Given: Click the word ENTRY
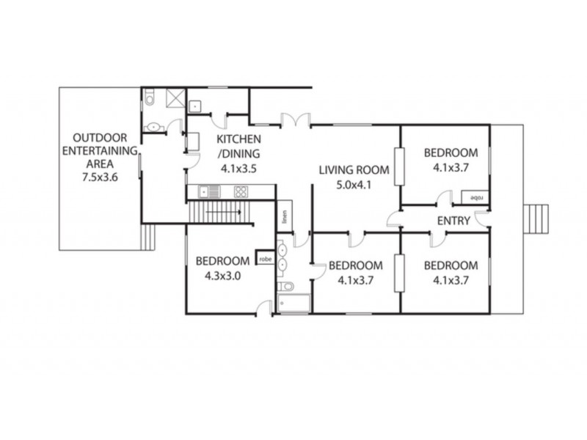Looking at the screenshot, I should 453,220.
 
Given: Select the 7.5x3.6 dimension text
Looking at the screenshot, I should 101,177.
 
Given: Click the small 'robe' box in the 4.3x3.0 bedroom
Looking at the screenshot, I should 264,258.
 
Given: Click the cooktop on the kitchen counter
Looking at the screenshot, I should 241,191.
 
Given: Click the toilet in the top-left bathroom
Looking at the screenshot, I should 150,98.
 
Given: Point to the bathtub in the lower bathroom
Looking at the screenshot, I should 294,304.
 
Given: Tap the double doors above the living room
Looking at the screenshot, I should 296,119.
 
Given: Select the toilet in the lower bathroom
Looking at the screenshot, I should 288,285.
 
